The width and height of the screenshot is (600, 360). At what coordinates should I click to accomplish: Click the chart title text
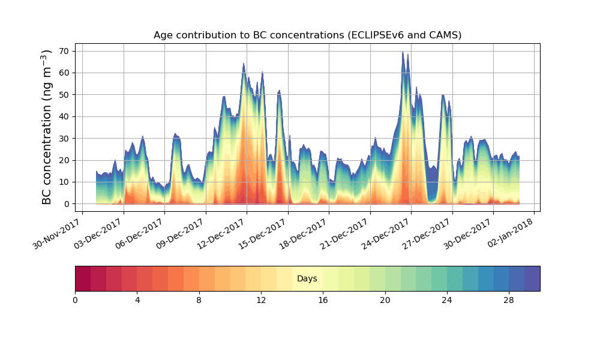pyautogui.click(x=307, y=35)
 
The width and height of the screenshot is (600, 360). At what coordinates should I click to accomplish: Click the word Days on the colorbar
pyautogui.click(x=307, y=278)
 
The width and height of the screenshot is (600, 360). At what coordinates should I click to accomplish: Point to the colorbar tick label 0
pyautogui.click(x=75, y=300)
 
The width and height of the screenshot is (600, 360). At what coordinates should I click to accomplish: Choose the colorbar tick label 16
pyautogui.click(x=323, y=300)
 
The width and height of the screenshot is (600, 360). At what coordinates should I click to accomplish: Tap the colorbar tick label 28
pyautogui.click(x=509, y=300)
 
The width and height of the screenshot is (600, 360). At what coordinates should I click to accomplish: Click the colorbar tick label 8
pyautogui.click(x=199, y=300)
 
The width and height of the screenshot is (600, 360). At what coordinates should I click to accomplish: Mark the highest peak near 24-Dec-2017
pyautogui.click(x=403, y=52)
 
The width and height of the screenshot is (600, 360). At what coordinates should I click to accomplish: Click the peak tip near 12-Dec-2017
pyautogui.click(x=244, y=64)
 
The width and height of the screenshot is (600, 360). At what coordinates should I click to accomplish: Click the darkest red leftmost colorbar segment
pyautogui.click(x=83, y=278)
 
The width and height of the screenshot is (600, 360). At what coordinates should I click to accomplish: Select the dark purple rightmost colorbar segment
pyautogui.click(x=532, y=278)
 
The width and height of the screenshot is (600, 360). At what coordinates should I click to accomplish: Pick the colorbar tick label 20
pyautogui.click(x=385, y=300)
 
